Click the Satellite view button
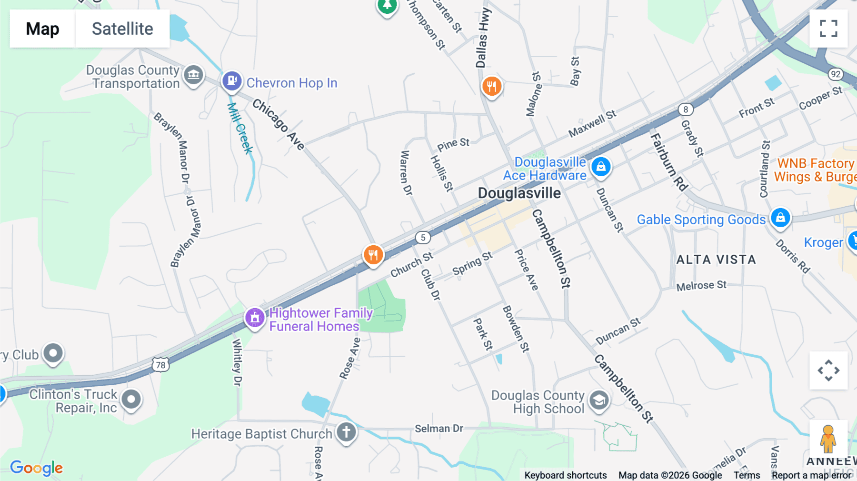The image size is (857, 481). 122,29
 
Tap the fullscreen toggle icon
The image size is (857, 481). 828,29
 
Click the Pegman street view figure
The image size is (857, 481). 828,439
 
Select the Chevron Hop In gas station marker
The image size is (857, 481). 232,81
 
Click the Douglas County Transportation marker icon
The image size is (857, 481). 193,75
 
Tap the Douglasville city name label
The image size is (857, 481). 519,193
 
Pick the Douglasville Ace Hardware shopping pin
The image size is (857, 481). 601,167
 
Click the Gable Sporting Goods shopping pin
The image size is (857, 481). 780,218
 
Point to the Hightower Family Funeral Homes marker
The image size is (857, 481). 255,317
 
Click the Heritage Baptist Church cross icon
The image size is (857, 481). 346,432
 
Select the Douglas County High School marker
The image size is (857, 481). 599,401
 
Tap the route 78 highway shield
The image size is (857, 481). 161,365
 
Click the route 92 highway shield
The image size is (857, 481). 836,74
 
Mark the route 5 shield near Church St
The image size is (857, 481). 423,238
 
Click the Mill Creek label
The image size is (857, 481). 240,129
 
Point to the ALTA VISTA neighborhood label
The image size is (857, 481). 716,260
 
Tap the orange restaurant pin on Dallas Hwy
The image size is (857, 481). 492,86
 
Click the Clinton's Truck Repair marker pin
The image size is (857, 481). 131,399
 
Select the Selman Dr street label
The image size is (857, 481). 438,429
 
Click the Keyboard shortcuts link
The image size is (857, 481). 565,475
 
